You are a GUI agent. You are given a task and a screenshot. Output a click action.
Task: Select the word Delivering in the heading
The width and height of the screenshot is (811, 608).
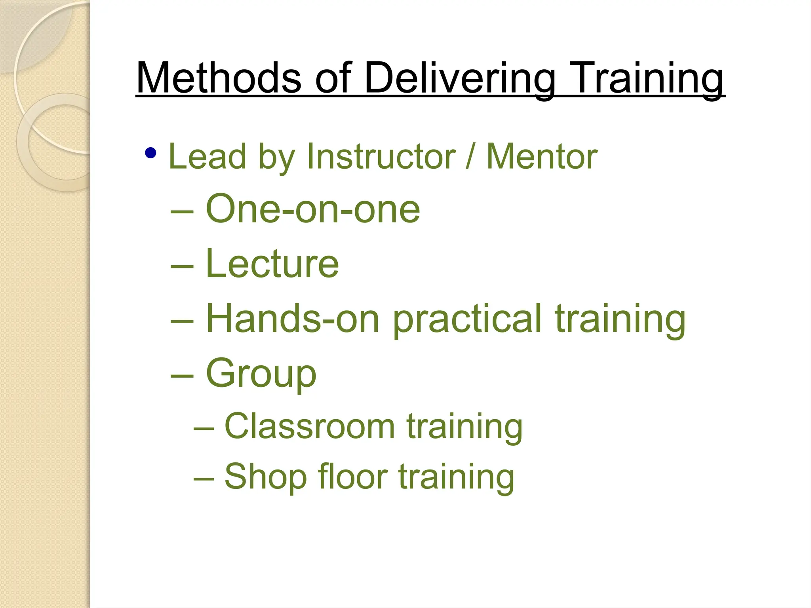coord(459,78)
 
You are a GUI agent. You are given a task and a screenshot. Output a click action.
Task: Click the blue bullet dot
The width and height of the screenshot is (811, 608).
coord(150,153)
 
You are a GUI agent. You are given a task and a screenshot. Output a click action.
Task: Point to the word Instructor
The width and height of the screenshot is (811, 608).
coord(381,157)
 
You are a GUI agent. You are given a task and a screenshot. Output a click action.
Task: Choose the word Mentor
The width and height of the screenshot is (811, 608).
coord(541,157)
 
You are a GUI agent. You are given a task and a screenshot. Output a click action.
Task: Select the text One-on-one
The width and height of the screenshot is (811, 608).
coord(312,209)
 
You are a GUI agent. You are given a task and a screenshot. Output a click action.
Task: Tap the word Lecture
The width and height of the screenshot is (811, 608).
coord(272,264)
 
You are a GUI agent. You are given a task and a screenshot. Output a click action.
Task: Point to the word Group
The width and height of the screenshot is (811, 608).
coord(261,374)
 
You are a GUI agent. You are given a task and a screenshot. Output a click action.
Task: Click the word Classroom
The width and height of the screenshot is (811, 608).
coord(309,426)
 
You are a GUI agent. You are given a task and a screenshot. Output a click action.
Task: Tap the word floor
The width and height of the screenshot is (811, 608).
coord(353,476)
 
